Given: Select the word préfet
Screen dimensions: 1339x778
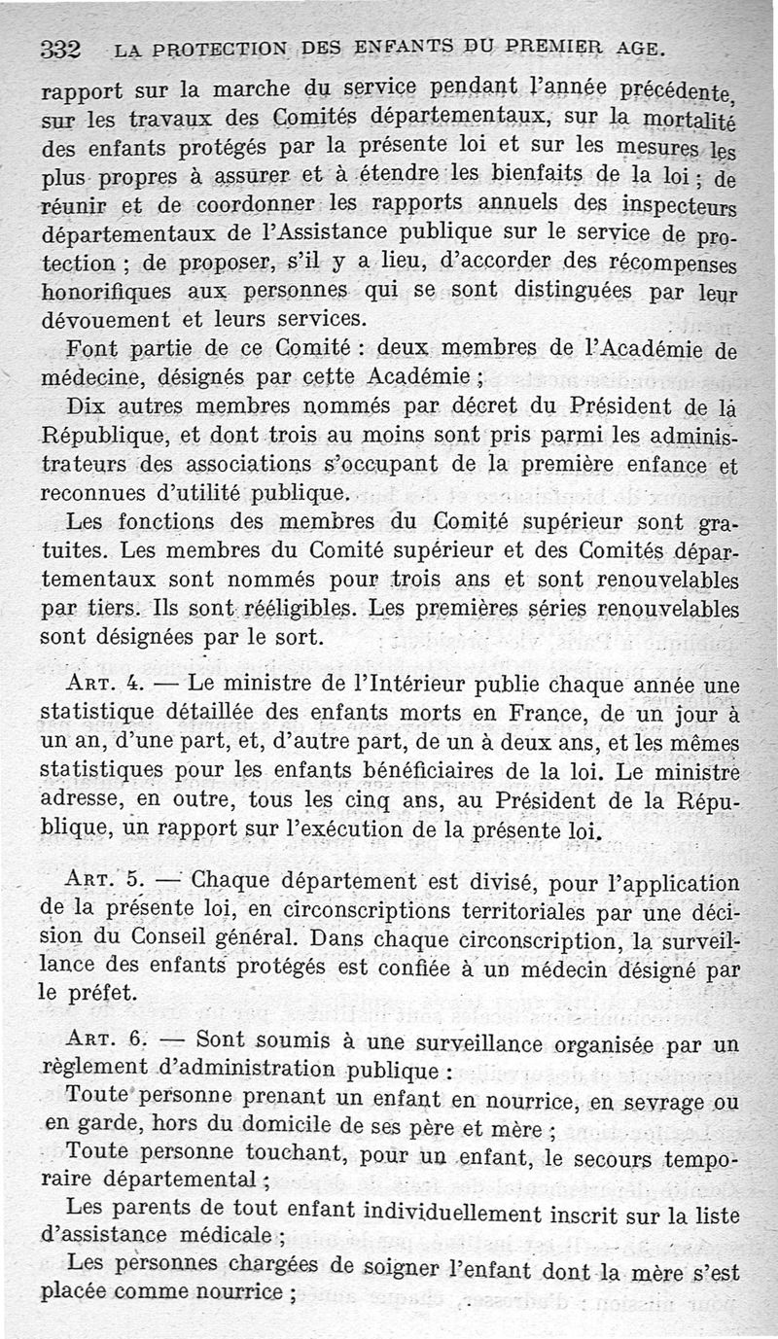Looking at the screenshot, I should pos(101,995).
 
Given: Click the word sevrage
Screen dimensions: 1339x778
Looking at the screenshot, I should pos(659,1105).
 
